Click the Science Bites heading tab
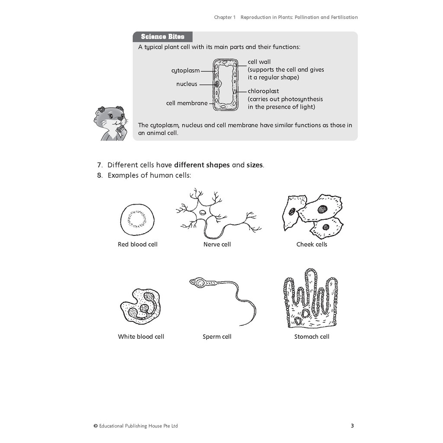click(163, 37)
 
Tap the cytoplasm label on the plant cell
click(186, 71)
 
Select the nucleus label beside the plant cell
click(186, 84)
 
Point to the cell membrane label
click(187, 103)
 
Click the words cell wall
click(259, 62)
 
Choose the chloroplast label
click(263, 91)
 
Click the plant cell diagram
click(225, 84)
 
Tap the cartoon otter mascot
click(110, 123)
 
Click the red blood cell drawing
click(137, 219)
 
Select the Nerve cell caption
click(217, 244)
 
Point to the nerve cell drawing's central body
click(202, 212)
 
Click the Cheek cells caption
click(311, 244)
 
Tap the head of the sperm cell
click(199, 283)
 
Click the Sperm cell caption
click(217, 337)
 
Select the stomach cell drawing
click(311, 299)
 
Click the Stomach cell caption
click(311, 337)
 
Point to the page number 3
click(352, 426)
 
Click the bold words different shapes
click(202, 165)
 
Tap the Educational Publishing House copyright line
click(136, 426)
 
